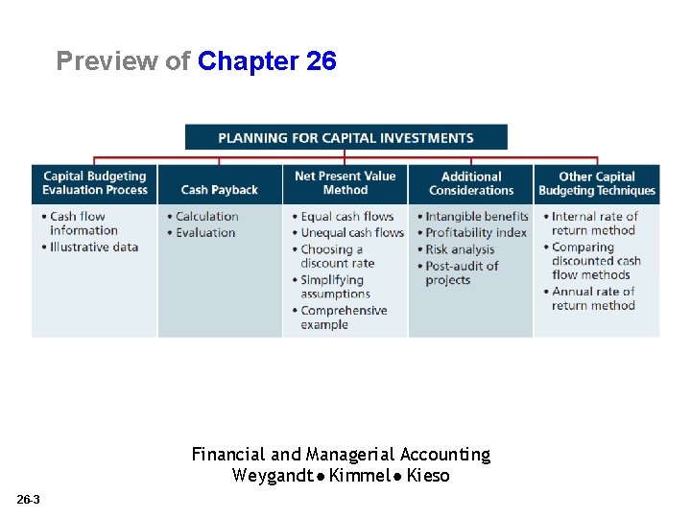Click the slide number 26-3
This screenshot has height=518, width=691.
[x=28, y=500]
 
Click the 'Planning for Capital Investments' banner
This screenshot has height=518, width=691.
[x=345, y=137]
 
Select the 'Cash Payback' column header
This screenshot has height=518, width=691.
[x=219, y=190]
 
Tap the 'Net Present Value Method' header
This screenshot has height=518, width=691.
[x=345, y=183]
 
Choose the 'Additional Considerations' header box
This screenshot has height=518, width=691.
[x=471, y=183]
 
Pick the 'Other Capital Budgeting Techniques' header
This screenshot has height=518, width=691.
[x=597, y=183]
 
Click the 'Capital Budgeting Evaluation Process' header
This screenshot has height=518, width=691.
[x=94, y=183]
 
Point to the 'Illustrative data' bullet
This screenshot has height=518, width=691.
[x=94, y=247]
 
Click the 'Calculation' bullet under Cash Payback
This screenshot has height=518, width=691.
[x=206, y=217]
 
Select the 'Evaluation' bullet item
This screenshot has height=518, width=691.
[x=205, y=232]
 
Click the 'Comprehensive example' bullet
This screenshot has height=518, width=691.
[x=344, y=318]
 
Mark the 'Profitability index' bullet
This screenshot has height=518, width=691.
[x=476, y=232]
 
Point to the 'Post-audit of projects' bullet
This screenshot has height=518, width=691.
[x=462, y=272]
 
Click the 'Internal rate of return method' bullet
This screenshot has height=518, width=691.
[x=594, y=224]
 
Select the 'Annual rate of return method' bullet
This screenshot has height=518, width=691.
[x=593, y=298]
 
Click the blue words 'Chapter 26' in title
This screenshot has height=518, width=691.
[x=267, y=61]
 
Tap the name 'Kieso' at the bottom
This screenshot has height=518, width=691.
[x=428, y=476]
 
